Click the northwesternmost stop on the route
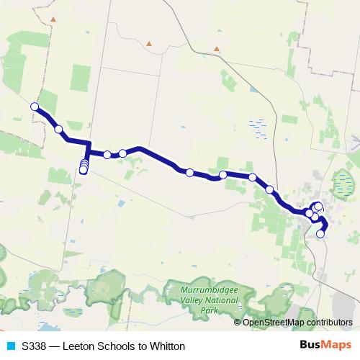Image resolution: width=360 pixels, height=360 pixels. click(x=34, y=107)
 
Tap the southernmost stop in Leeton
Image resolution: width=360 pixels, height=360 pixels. click(x=320, y=233)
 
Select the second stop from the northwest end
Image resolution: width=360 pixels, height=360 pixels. click(x=58, y=130)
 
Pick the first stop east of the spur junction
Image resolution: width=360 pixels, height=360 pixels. click(x=107, y=155)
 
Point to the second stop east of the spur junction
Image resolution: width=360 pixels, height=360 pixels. click(x=123, y=153)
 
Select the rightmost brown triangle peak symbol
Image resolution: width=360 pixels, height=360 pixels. click(x=215, y=49)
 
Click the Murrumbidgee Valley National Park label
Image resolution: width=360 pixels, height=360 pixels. click(x=209, y=299)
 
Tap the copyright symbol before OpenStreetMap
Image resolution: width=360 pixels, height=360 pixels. click(x=238, y=322)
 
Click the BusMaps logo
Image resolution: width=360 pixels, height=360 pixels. click(x=326, y=346)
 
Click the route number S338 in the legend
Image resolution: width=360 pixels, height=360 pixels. click(x=35, y=346)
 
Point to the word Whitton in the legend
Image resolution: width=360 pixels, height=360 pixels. click(x=168, y=346)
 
